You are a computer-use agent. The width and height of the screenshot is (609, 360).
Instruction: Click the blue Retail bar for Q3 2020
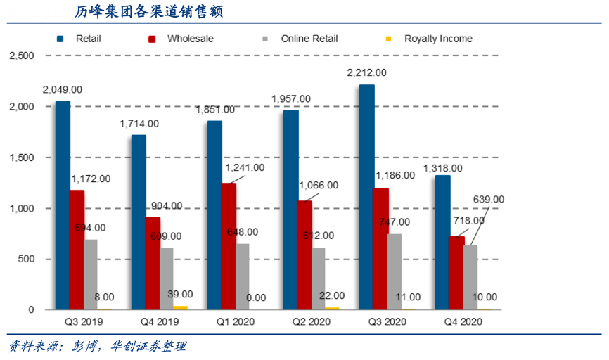tap(366, 197)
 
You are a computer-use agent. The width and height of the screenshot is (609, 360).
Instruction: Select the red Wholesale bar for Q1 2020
tap(229, 246)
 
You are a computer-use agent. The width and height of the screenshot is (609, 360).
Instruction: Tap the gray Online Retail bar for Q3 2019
tap(91, 274)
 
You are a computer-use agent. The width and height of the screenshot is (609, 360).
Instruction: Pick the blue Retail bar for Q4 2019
tap(139, 222)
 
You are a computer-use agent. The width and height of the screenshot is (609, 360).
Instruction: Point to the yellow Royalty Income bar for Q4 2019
tap(181, 307)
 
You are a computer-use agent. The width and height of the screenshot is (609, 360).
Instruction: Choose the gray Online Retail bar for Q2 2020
tap(319, 278)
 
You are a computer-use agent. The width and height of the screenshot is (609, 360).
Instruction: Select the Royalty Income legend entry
tap(437, 39)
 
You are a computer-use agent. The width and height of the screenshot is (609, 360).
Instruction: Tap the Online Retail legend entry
tap(309, 39)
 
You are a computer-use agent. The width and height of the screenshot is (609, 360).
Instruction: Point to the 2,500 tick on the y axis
tap(20, 56)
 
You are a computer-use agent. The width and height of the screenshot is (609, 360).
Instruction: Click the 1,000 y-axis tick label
tap(20, 209)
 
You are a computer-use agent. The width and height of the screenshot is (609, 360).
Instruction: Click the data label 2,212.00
tap(366, 72)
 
